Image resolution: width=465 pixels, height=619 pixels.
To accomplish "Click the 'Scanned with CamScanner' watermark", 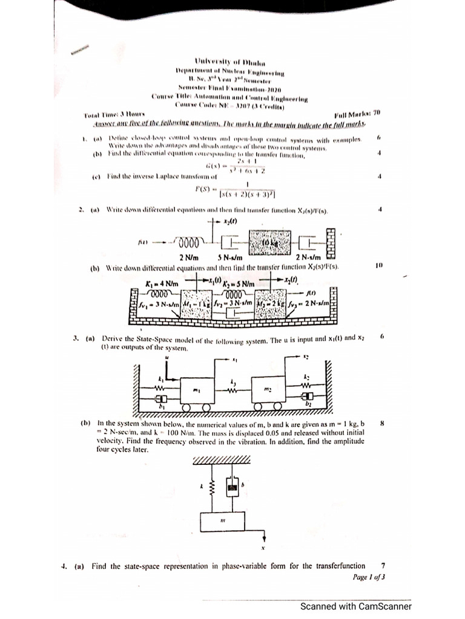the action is [357, 606].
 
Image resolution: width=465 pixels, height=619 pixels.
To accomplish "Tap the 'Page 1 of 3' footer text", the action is [369, 577].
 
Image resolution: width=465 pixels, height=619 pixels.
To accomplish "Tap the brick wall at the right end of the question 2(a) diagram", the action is [331, 242].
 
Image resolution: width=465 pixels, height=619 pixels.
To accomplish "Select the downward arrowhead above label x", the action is [264, 536].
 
